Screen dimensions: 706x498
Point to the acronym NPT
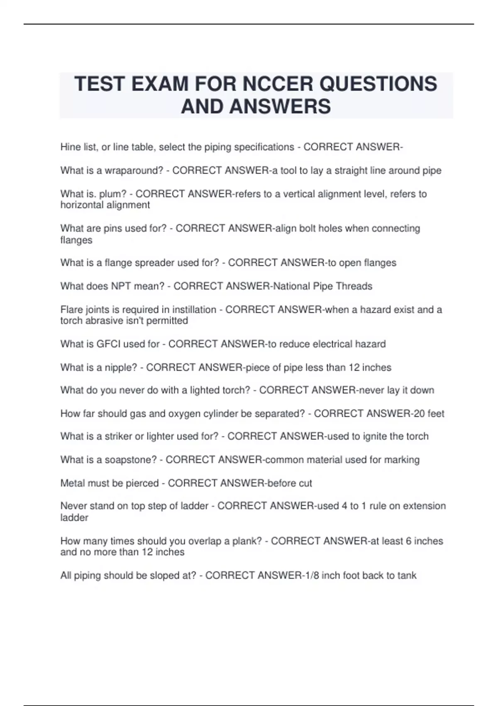click(x=121, y=286)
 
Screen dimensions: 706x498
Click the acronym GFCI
click(x=108, y=344)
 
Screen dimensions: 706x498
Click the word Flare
click(x=71, y=310)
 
